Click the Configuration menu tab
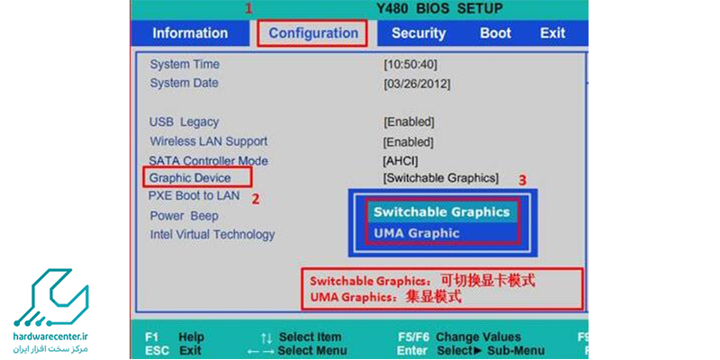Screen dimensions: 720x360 [313, 33]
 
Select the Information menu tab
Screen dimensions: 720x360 [190, 33]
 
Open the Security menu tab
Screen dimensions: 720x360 [418, 33]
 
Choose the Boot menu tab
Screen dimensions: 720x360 [496, 33]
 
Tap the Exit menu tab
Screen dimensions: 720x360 [553, 33]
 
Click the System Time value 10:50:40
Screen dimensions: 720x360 [410, 65]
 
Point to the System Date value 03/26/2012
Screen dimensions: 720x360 [417, 84]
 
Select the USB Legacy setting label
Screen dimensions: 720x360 [184, 122]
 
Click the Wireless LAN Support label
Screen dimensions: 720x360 [209, 141]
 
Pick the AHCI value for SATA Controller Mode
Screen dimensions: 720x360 [400, 161]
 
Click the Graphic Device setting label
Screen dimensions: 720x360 [190, 177]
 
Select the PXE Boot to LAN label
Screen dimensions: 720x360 [193, 195]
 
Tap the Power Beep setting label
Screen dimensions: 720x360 [184, 216]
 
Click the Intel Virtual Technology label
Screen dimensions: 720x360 [212, 235]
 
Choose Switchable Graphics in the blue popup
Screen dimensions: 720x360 [442, 212]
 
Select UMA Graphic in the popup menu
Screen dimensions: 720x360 [416, 233]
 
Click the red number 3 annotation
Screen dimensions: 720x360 [522, 180]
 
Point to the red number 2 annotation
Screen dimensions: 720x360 [256, 199]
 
